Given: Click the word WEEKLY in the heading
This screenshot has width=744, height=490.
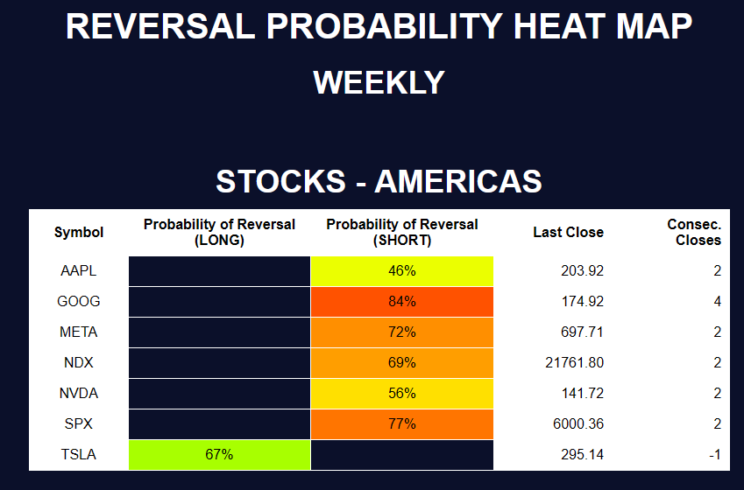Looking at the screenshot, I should tap(379, 83).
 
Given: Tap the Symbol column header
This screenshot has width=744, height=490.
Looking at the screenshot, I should tap(79, 232).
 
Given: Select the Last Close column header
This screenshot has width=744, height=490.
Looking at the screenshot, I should tap(568, 232).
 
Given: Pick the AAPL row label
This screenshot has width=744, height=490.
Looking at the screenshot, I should tap(79, 271).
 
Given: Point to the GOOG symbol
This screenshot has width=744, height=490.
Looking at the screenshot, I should tap(79, 302).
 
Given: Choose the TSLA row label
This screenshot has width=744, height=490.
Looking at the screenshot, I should tap(79, 455).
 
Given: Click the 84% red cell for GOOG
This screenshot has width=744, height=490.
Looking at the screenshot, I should tap(402, 302).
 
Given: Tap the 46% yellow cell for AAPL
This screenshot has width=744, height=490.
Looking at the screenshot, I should tap(402, 271).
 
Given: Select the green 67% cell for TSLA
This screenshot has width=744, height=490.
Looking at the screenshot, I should tap(219, 455).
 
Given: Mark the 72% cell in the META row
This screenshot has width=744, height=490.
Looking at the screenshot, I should tap(402, 332).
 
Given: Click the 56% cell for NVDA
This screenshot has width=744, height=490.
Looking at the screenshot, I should tap(402, 394).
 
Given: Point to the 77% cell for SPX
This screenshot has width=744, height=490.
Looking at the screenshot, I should tap(402, 424).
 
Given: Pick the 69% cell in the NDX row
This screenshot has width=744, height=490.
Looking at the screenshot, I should tap(402, 363).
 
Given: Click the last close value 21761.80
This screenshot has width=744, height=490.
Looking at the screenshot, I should tap(573, 363).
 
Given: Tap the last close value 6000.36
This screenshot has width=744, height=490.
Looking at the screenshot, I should tap(577, 424).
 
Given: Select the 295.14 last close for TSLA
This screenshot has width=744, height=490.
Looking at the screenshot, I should tap(582, 455).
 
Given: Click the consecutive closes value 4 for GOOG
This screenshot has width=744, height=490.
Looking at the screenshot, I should tap(717, 302).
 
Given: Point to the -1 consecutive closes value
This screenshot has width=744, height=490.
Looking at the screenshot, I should tap(714, 455).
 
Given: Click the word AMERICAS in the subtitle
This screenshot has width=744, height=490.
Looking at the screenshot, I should tap(458, 182).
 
